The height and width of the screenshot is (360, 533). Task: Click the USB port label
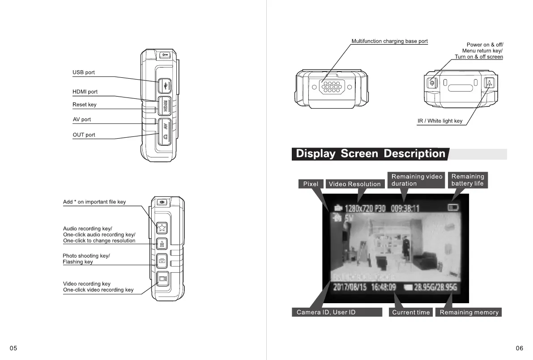(x=84, y=72)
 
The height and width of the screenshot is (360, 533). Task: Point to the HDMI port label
(x=85, y=92)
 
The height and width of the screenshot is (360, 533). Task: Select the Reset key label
(x=85, y=105)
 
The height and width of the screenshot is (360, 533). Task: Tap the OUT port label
(x=84, y=135)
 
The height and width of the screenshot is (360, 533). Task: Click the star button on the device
(x=162, y=228)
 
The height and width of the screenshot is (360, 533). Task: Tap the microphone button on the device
(x=162, y=244)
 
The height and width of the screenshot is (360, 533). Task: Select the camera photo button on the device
(x=162, y=260)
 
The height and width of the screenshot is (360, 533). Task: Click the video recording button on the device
(x=162, y=279)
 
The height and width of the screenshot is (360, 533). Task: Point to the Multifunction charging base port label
(x=389, y=41)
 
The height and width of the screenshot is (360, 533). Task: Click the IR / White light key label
(x=440, y=121)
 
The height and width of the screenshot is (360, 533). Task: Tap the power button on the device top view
(x=432, y=82)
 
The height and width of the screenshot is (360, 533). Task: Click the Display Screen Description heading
(x=371, y=154)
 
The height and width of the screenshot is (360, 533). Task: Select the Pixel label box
(x=311, y=184)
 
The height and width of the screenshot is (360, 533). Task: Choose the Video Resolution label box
(x=354, y=184)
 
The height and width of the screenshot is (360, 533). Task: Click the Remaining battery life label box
(x=468, y=180)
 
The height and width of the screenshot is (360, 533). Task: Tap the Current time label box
(x=411, y=312)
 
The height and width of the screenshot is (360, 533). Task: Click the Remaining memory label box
(x=469, y=312)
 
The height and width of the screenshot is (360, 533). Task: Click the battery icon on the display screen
(x=453, y=207)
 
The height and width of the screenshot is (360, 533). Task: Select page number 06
(x=519, y=348)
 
